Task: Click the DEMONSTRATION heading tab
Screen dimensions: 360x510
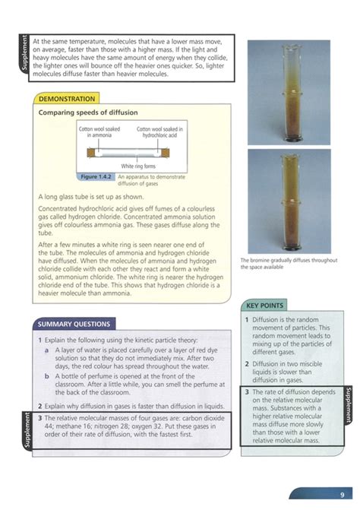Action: (67, 99)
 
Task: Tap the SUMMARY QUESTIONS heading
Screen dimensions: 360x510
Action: (75, 324)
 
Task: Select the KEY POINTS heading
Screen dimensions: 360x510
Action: (266, 306)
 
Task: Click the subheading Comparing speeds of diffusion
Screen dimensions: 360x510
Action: (88, 112)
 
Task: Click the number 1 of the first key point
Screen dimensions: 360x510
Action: (248, 320)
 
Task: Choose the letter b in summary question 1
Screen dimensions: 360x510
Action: (46, 376)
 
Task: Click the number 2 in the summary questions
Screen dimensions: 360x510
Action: (39, 407)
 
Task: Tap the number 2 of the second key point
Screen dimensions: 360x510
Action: (248, 364)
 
